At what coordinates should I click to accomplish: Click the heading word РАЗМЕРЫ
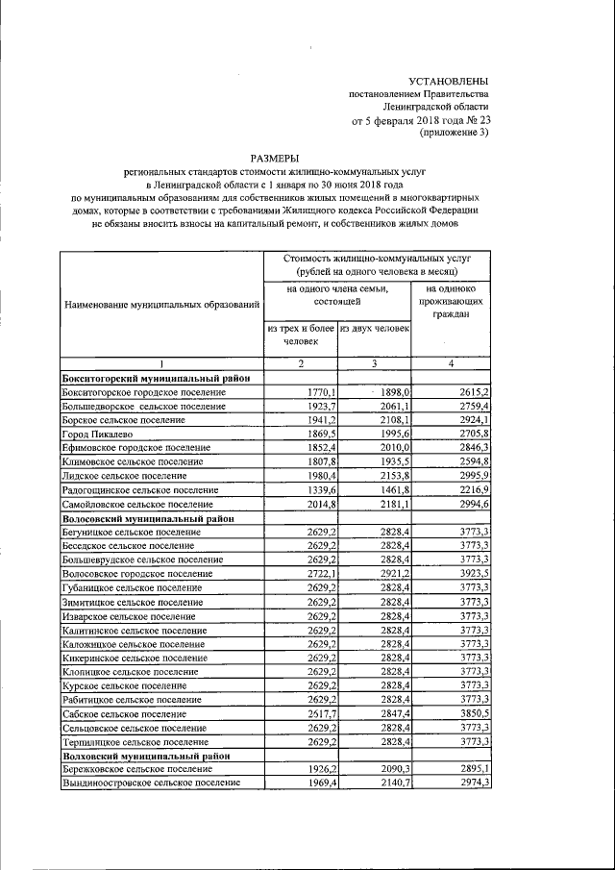tap(274, 158)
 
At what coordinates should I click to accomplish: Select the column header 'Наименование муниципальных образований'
tap(161, 305)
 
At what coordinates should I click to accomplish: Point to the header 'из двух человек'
tap(375, 329)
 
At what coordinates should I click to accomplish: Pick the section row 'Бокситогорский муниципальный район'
tap(157, 379)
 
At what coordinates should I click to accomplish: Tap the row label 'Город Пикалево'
tap(97, 435)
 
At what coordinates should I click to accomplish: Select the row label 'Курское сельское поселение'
tap(124, 686)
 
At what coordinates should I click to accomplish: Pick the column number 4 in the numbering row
tap(452, 364)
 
